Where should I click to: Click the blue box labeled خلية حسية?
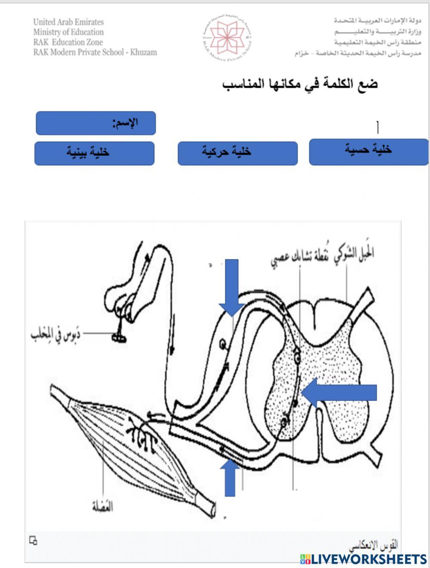click(369, 152)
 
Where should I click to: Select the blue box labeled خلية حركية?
click(237, 153)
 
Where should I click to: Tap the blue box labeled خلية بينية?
click(94, 153)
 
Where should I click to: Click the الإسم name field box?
click(95, 123)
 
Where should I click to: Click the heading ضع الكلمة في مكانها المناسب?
click(300, 83)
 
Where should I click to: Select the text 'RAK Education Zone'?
click(68, 42)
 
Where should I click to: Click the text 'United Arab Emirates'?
click(68, 22)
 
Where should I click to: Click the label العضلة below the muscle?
click(102, 507)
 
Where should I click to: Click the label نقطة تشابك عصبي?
click(297, 257)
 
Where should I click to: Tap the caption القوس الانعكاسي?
click(373, 544)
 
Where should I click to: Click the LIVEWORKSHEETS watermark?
click(363, 559)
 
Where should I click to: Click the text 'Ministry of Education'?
click(68, 32)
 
